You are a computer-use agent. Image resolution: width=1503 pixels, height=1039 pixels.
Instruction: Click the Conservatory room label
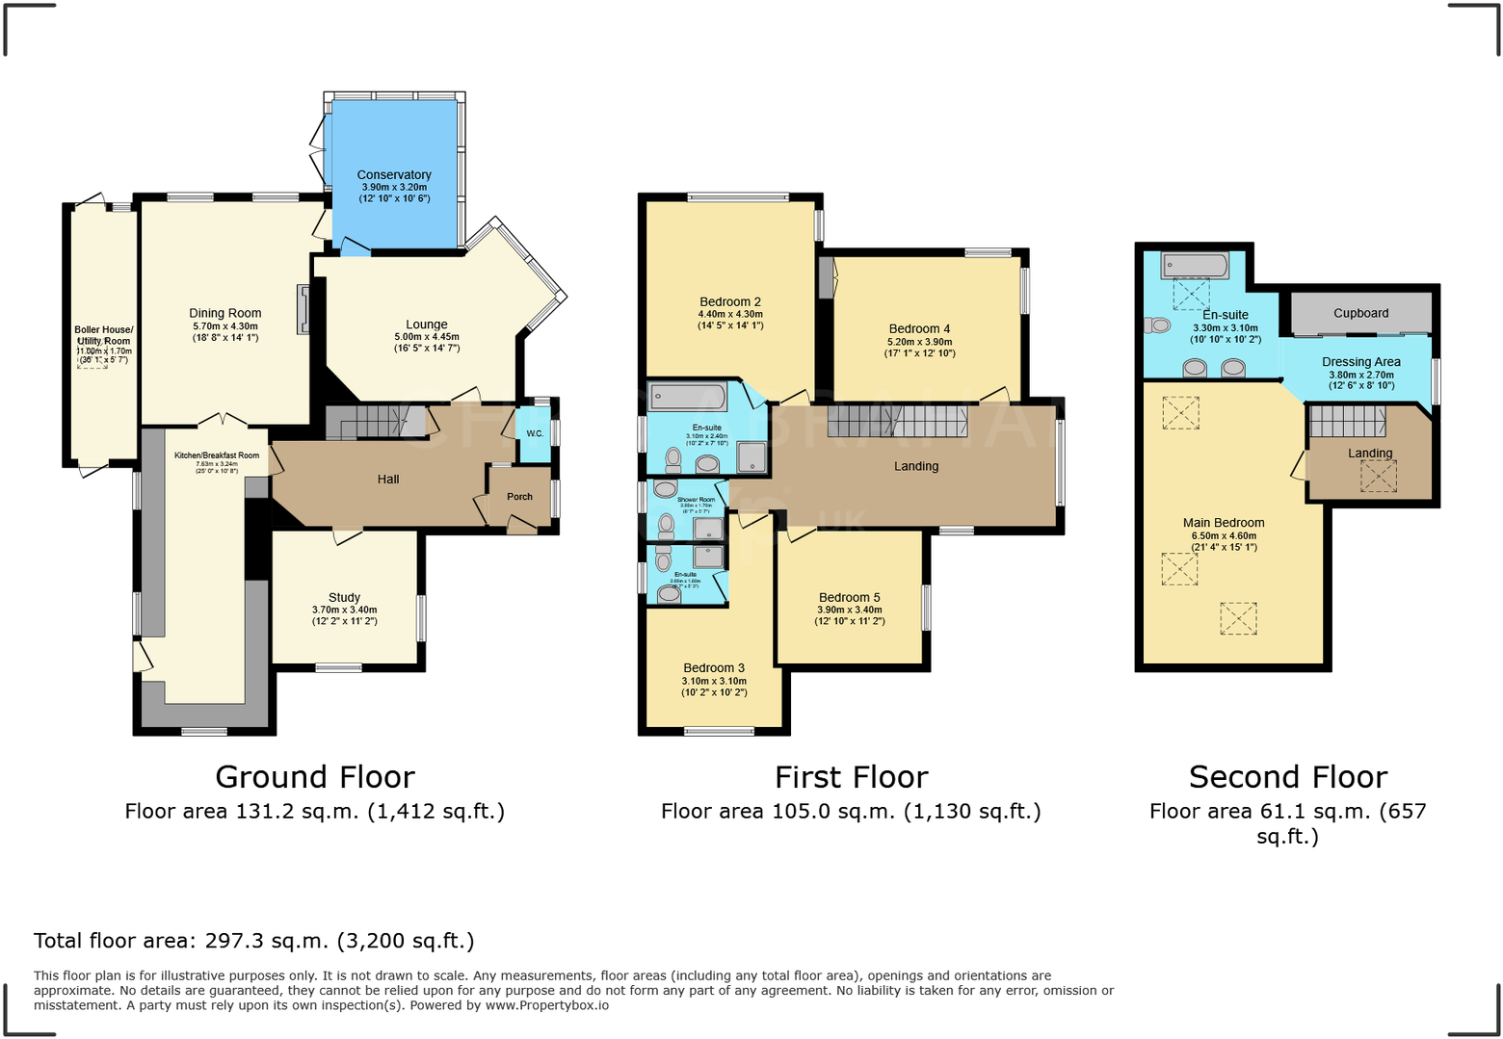tap(393, 174)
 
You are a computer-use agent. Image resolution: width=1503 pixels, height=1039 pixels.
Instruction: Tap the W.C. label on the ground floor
tap(535, 433)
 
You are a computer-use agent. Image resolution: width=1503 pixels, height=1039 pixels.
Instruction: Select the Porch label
tap(519, 497)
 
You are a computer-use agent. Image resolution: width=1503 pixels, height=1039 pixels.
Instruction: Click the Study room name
tap(344, 597)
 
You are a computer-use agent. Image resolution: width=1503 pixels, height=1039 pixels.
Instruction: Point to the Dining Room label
tap(224, 313)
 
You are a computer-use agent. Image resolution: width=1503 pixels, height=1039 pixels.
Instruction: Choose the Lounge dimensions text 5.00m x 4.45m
tap(426, 337)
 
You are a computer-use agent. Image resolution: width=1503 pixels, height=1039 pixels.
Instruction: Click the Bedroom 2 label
tap(730, 301)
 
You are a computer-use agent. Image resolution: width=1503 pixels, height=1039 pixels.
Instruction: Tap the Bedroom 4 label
tap(919, 328)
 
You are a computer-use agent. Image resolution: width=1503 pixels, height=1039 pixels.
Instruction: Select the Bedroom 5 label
tap(849, 597)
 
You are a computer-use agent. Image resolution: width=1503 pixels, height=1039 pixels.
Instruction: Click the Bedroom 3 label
tap(714, 667)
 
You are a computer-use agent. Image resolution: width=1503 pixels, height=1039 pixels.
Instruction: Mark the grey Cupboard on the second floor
tap(1360, 313)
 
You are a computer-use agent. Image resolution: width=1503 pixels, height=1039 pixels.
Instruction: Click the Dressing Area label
tap(1360, 362)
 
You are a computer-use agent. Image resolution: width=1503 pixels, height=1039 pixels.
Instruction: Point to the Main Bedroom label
tap(1224, 523)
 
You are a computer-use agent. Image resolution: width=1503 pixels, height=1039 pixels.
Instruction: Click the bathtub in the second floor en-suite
tap(1195, 265)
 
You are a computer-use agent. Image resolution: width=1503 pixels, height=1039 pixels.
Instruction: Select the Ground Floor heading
tap(315, 777)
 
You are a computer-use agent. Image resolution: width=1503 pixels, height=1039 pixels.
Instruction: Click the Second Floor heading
tap(1287, 777)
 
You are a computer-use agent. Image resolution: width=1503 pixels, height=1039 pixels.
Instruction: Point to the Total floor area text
tap(254, 941)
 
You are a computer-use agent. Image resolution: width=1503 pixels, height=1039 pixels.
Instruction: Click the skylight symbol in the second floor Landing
tap(1378, 476)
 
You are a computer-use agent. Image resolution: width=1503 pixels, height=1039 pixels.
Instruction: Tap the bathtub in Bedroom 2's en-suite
tap(687, 397)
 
